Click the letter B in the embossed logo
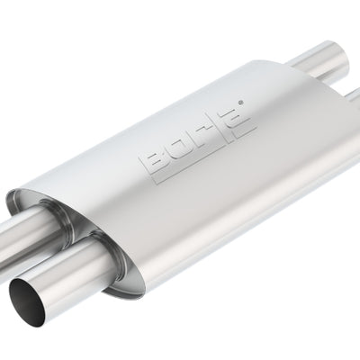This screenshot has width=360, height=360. [x=150, y=166]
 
